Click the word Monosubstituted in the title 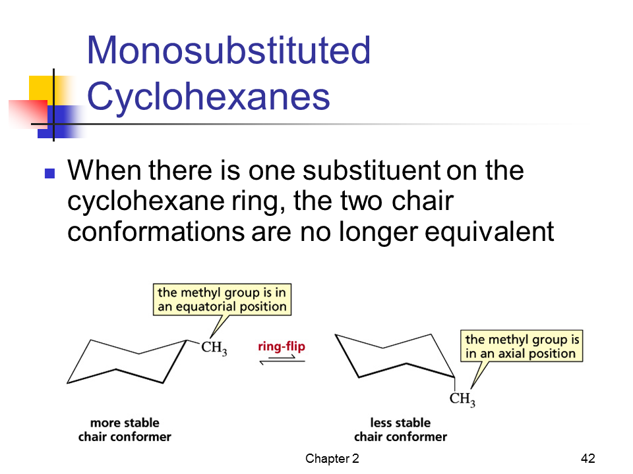pos(229,50)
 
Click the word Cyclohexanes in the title pos(208,97)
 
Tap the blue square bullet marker pos(49,173)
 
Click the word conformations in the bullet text pos(156,232)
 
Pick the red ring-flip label pos(282,346)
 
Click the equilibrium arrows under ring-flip pos(282,359)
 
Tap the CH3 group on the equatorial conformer pos(214,348)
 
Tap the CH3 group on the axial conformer pos(462,399)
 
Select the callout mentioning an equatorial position pos(222,300)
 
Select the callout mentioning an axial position pos(522,346)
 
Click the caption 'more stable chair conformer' pos(125,430)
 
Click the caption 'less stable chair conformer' pos(400,430)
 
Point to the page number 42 pos(588,458)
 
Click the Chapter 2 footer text pos(332,458)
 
